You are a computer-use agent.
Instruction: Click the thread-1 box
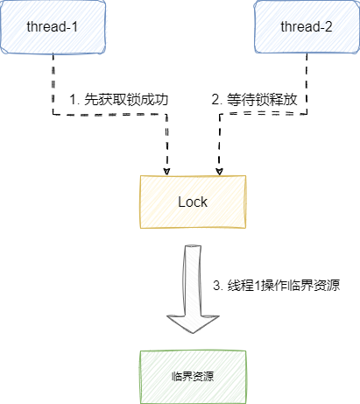tap(53, 25)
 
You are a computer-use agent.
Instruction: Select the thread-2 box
tap(307, 25)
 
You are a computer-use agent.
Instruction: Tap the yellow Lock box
tap(193, 201)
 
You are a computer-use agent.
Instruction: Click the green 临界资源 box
tap(193, 376)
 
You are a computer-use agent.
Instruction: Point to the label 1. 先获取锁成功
tap(118, 100)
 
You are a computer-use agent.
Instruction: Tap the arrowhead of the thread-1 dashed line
tap(166, 168)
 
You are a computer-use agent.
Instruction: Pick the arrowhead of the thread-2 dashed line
tap(219, 168)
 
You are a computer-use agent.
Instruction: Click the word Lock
tap(193, 201)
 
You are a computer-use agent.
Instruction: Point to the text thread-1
tap(53, 25)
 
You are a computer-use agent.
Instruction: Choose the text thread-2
tap(307, 25)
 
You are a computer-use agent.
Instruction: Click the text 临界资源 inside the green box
tap(194, 376)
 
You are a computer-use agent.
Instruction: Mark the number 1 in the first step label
tap(74, 100)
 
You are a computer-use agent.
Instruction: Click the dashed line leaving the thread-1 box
tap(53, 83)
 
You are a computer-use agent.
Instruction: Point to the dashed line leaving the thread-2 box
tap(307, 83)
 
